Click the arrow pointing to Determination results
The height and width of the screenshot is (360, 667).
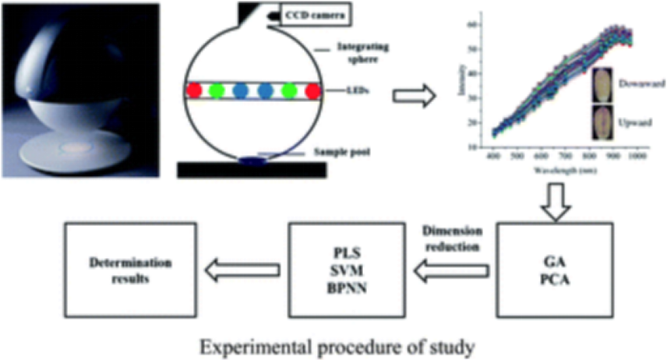coord(241,270)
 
